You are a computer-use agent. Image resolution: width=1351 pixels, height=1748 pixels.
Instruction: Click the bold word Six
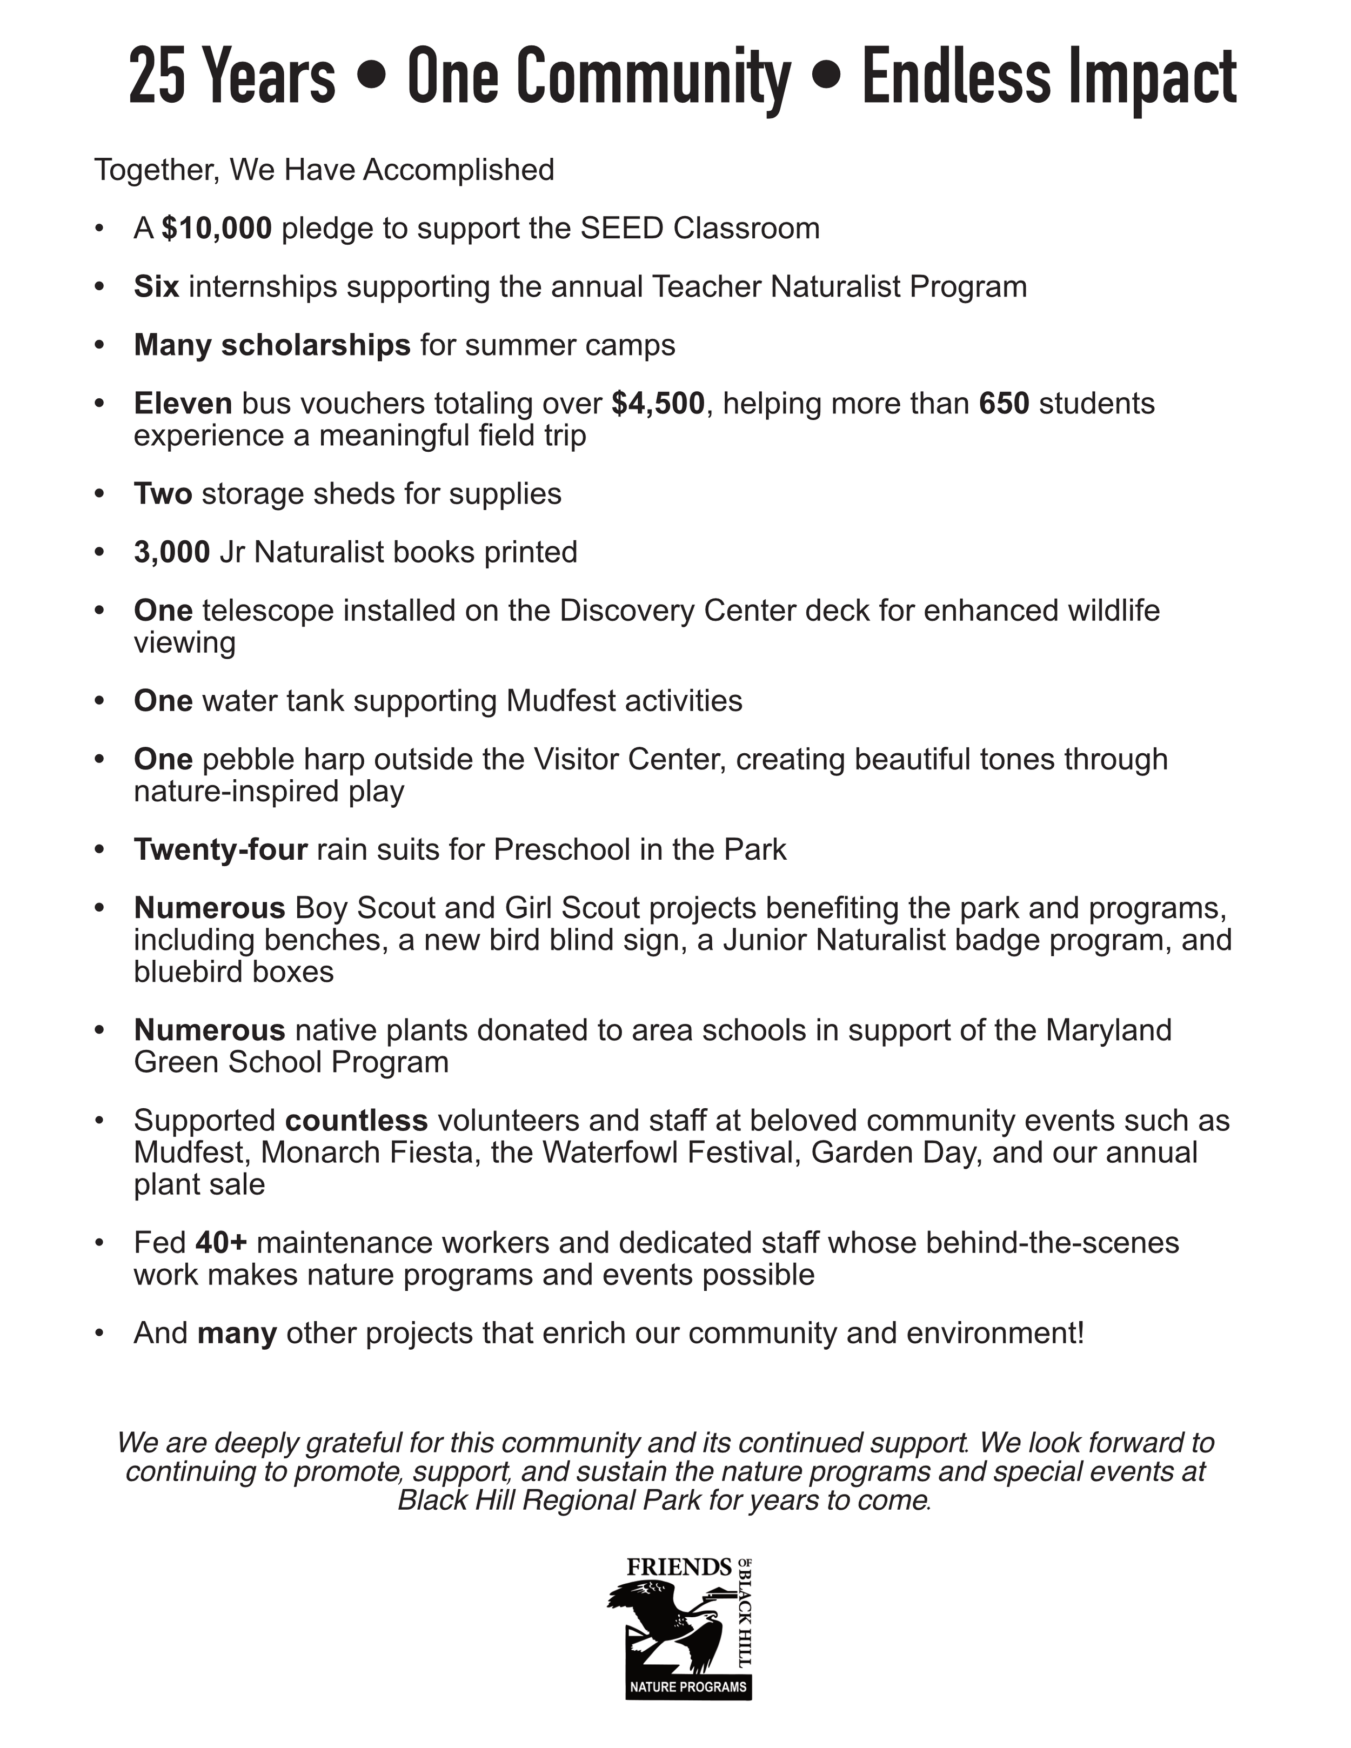click(156, 286)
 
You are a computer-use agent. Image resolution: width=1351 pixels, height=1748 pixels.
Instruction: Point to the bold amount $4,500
click(658, 404)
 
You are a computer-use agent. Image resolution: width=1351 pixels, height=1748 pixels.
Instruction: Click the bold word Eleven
click(183, 404)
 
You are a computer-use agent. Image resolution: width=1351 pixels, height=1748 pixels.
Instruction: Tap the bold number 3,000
click(172, 552)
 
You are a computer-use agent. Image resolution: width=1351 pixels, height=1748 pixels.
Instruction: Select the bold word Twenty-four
click(221, 849)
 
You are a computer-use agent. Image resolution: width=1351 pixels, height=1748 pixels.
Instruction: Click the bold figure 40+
click(222, 1242)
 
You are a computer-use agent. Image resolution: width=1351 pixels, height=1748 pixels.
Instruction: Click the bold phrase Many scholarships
click(272, 345)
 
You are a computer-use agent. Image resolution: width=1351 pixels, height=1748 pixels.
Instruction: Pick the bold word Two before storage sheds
click(163, 494)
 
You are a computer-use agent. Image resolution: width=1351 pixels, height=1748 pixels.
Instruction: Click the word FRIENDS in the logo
click(679, 1567)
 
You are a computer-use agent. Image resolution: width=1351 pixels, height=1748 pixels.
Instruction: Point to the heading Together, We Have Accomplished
click(324, 170)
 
